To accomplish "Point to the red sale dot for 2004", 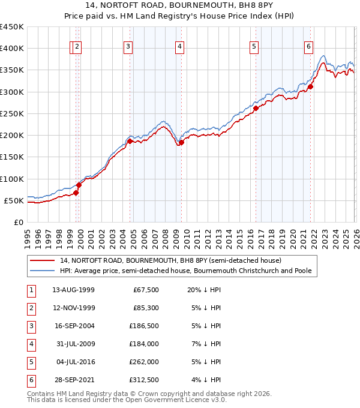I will pyautogui.click(x=130, y=142).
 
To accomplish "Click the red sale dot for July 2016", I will pyautogui.click(x=255, y=109).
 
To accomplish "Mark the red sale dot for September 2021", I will pyautogui.click(x=310, y=87).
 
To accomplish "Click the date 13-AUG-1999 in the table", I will pyautogui.click(x=73, y=290).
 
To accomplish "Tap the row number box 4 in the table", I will pyautogui.click(x=31, y=344).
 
